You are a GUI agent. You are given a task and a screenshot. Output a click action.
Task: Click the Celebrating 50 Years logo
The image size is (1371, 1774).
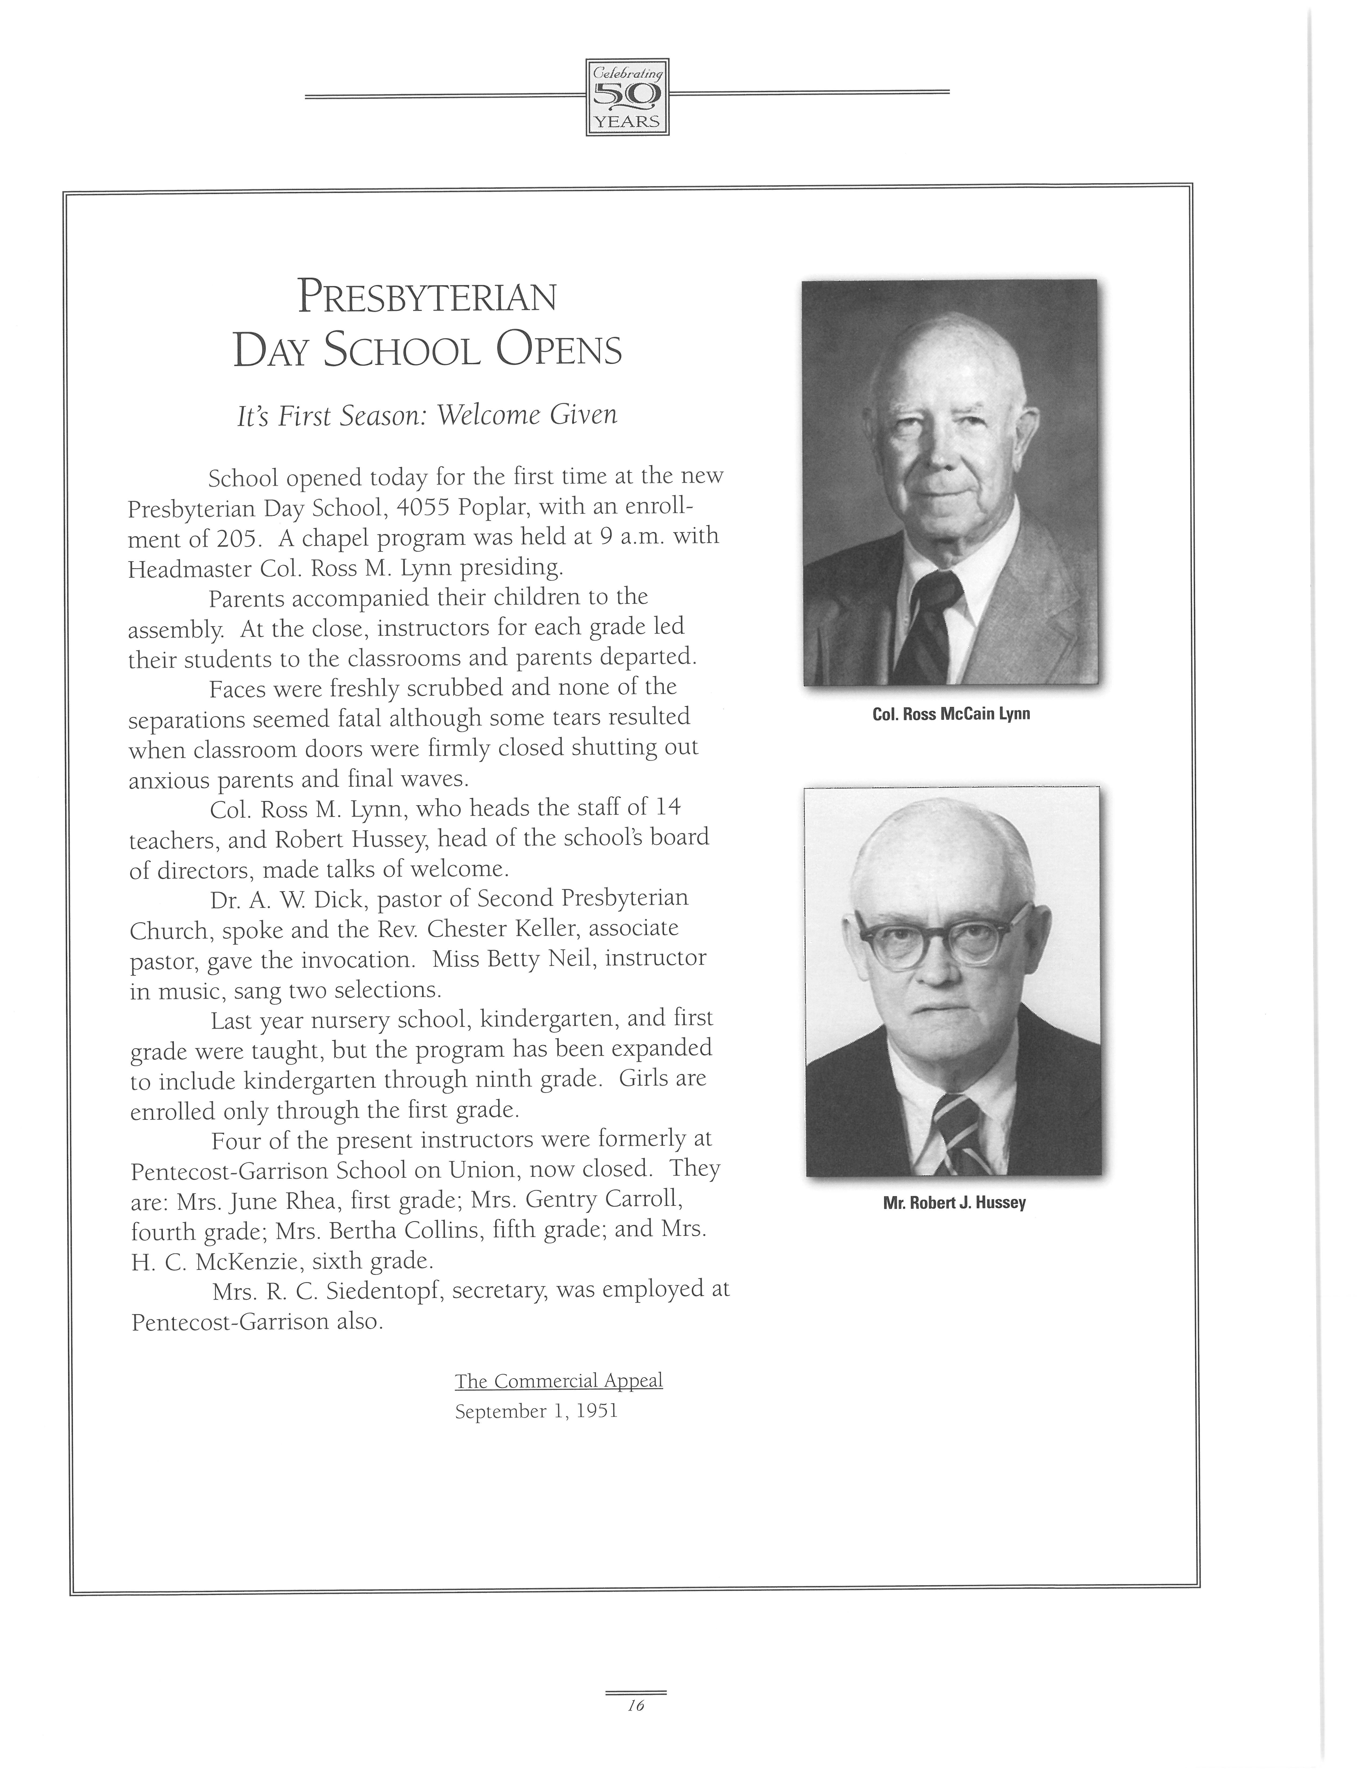[x=627, y=97]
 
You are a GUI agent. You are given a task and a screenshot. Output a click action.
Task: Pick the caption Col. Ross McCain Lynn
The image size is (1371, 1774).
[x=950, y=715]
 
